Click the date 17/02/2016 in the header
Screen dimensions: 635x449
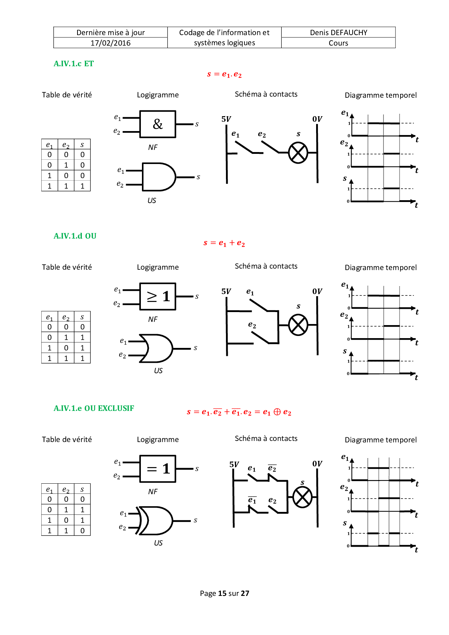pyautogui.click(x=110, y=43)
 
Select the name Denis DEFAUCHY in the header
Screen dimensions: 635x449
pyautogui.click(x=339, y=33)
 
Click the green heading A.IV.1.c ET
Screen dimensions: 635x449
pyautogui.click(x=74, y=64)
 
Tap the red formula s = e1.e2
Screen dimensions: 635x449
pyautogui.click(x=224, y=74)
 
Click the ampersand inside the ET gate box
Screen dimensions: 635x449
pyautogui.click(x=158, y=124)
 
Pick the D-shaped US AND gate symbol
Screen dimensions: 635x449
pyautogui.click(x=159, y=177)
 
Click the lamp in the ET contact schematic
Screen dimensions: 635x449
pyautogui.click(x=298, y=153)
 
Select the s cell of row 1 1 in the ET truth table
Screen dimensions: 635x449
pyautogui.click(x=82, y=186)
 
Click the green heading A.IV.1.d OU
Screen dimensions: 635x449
pyautogui.click(x=75, y=236)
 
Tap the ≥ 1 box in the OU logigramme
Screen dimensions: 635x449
pyautogui.click(x=158, y=297)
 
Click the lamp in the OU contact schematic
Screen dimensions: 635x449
pyautogui.click(x=298, y=325)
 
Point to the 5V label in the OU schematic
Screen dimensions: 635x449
pyautogui.click(x=226, y=291)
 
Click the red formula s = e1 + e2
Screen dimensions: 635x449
pyautogui.click(x=224, y=243)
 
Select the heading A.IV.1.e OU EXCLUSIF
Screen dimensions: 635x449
pyautogui.click(x=94, y=408)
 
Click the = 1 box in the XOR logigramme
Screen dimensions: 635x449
pyautogui.click(x=158, y=469)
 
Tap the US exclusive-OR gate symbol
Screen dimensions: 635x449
pyautogui.click(x=155, y=521)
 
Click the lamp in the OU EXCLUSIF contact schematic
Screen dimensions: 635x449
pyautogui.click(x=302, y=497)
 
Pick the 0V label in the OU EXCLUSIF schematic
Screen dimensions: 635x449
pyautogui.click(x=317, y=464)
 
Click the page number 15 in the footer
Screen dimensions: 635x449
pyautogui.click(x=222, y=593)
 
